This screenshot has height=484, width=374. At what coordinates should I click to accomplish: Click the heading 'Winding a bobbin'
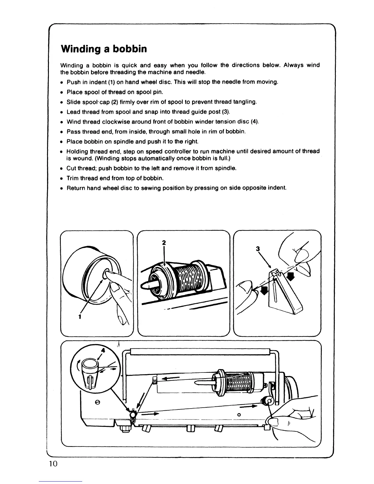click(x=104, y=49)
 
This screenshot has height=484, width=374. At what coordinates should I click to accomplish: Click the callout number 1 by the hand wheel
click(x=79, y=317)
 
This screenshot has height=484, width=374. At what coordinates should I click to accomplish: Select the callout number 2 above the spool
click(x=164, y=243)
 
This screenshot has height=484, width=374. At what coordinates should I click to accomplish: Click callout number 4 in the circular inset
click(x=103, y=351)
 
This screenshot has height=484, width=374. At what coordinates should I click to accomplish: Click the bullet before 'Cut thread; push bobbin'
click(x=62, y=168)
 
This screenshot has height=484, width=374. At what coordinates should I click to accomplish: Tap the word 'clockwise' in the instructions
click(x=106, y=122)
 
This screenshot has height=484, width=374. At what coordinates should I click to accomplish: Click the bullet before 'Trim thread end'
click(x=62, y=178)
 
